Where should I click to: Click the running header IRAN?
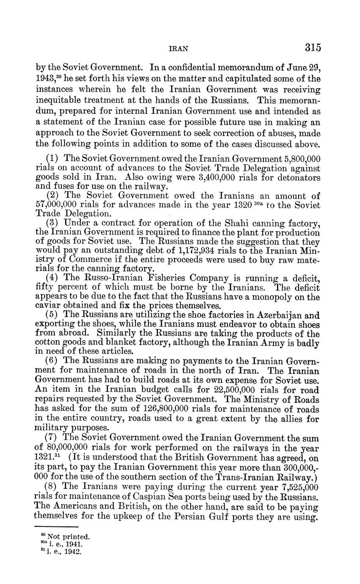point(178,48)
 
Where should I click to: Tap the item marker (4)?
point(51,278)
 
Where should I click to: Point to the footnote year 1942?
point(74,551)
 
